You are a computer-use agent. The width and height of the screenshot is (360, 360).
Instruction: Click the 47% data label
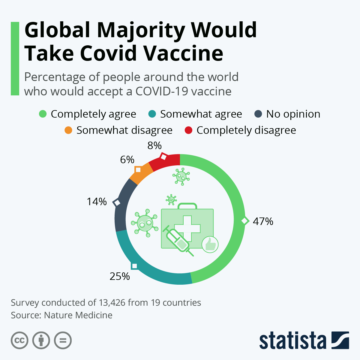coord(263,221)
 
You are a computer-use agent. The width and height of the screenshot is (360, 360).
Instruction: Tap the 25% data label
coord(120,276)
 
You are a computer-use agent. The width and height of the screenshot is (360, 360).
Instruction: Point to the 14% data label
coord(97,202)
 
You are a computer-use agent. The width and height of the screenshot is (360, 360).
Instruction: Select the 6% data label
coord(127,160)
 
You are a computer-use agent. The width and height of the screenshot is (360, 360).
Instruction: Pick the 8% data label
coord(154,146)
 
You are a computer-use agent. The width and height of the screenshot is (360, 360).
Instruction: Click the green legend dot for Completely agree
coord(43,114)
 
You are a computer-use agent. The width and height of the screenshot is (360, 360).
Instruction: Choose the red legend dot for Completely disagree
coord(188,130)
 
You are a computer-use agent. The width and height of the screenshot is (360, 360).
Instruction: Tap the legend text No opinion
coord(293,114)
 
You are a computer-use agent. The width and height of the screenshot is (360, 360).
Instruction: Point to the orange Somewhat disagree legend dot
coord(68,130)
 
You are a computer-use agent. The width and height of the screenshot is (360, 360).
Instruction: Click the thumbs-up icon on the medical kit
coord(210,244)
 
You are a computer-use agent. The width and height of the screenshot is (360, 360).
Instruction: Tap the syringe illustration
coord(178,240)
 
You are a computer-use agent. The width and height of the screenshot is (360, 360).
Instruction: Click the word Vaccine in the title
coord(183,53)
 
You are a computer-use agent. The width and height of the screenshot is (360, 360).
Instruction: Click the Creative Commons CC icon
coord(19,340)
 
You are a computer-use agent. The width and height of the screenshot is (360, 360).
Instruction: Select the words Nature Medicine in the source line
coord(78,315)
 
